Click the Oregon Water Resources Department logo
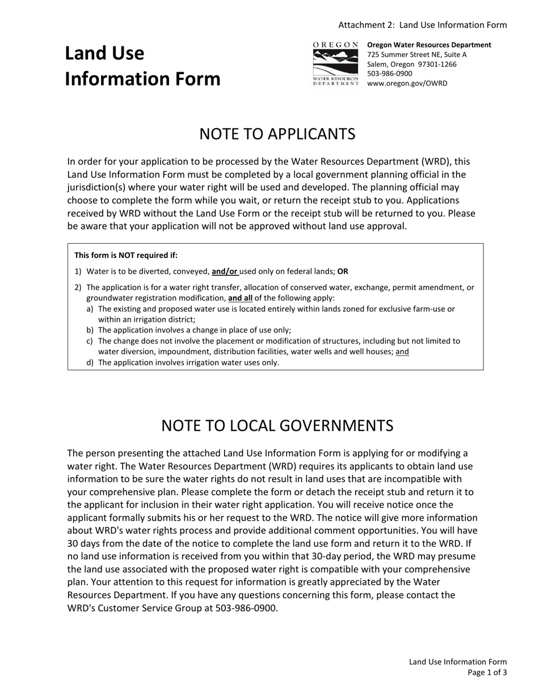336,63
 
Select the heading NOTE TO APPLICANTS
277,134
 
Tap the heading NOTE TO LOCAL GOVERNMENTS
277,426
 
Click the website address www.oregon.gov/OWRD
407,83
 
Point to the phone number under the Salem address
390,74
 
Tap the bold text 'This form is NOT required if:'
126,255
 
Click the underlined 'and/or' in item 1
225,271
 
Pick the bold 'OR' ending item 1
343,271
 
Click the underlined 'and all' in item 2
240,298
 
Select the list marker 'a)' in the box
90,309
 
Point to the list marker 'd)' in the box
90,363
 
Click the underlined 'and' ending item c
402,351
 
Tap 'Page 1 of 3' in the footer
487,673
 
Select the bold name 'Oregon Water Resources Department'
429,45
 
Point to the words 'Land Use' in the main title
104,53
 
